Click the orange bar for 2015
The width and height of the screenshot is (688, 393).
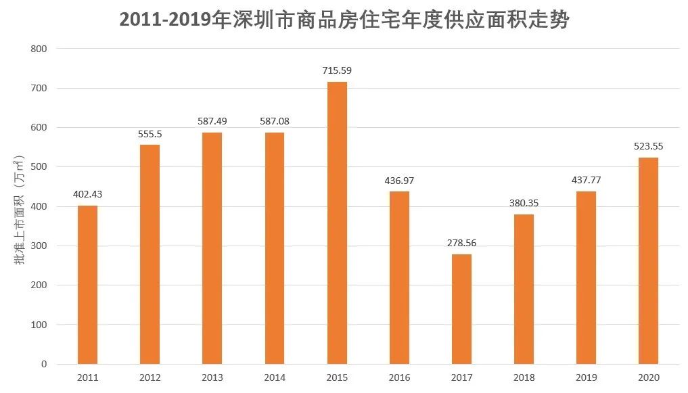[337, 223]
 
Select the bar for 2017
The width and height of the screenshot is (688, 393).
[461, 309]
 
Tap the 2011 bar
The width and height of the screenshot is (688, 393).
[88, 285]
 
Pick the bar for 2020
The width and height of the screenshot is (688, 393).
[648, 260]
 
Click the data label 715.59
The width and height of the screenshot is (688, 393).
[337, 70]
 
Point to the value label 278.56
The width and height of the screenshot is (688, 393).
[461, 242]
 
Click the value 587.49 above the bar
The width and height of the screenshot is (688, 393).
[212, 121]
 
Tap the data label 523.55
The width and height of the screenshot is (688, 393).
[648, 145]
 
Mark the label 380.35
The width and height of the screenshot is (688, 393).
[524, 202]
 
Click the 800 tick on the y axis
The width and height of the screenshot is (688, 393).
[39, 49]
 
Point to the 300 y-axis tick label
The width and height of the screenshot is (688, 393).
[39, 246]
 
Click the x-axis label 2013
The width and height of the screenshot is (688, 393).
[212, 377]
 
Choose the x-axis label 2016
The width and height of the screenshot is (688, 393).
[399, 377]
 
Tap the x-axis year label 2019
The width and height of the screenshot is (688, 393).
[586, 377]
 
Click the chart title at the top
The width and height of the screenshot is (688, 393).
[344, 20]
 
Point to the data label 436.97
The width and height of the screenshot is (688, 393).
[399, 180]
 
